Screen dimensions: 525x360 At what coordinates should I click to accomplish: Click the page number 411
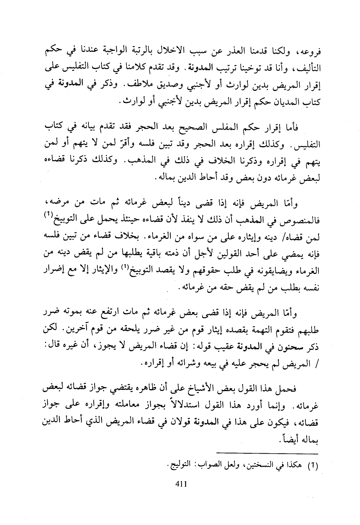180,484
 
